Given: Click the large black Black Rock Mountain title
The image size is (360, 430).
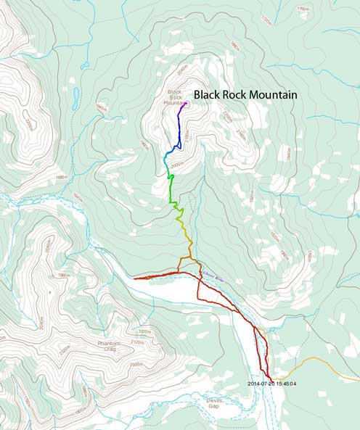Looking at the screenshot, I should (x=245, y=94).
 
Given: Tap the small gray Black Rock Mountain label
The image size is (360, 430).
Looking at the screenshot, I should (x=175, y=97).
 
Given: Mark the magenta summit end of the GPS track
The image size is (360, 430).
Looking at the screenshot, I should (x=186, y=103).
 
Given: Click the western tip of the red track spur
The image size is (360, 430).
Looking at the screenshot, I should (x=135, y=278).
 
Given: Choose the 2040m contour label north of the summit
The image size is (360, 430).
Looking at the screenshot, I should (x=182, y=67).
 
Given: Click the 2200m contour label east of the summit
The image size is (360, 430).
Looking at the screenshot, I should (x=226, y=116).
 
